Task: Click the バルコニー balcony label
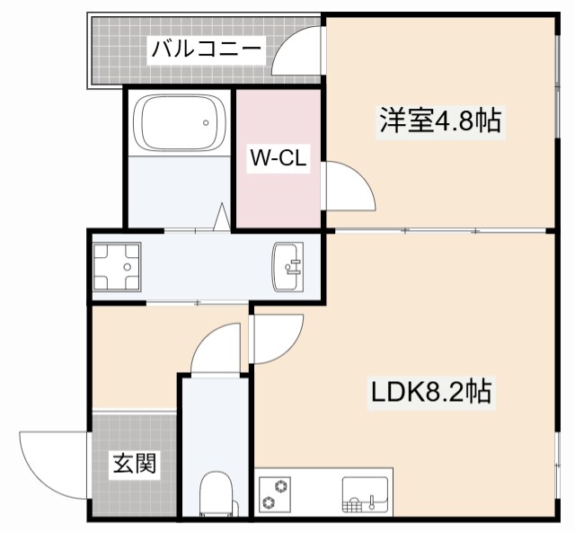point(206,49)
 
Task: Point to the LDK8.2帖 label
point(431,392)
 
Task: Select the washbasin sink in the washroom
point(287,266)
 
